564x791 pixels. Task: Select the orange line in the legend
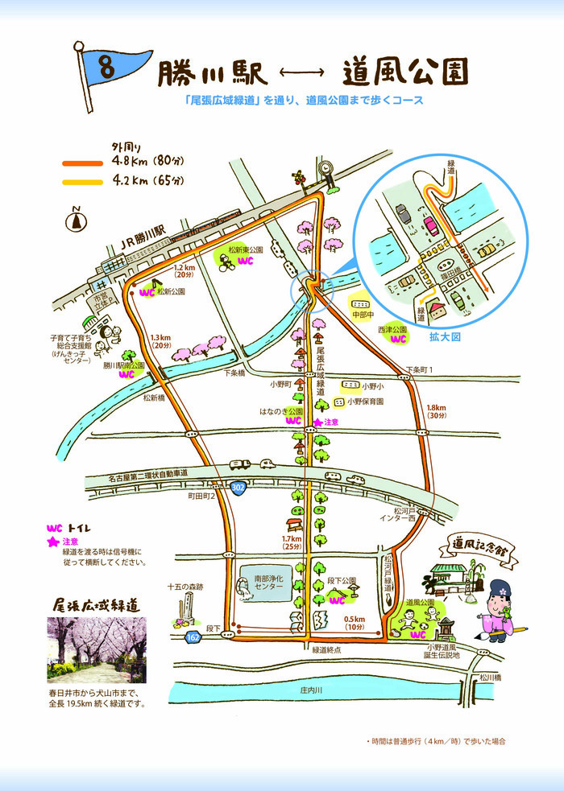point(83,163)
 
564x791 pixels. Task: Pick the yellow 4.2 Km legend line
point(83,181)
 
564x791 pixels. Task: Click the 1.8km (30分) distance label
point(438,411)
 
